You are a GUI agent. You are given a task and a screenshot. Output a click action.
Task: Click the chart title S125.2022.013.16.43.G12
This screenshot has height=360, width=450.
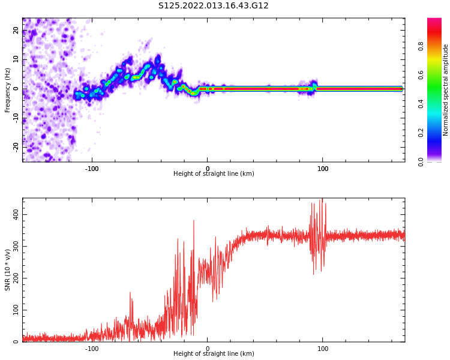click(x=214, y=6)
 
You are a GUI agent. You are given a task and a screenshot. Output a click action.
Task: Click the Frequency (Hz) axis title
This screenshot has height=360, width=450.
click(x=8, y=89)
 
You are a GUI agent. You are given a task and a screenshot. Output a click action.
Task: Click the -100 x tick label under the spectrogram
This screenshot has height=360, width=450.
click(x=91, y=169)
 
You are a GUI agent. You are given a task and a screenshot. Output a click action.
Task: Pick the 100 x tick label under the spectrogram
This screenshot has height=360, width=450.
click(x=323, y=169)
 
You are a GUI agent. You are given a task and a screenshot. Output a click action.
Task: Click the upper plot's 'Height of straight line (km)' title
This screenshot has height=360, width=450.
click(x=214, y=174)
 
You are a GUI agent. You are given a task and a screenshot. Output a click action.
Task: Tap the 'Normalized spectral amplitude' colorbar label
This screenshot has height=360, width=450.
click(x=446, y=89)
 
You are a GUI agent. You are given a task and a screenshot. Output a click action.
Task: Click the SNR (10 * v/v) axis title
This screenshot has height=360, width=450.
click(x=8, y=270)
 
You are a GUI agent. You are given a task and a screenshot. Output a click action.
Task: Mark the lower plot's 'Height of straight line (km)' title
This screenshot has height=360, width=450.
click(x=214, y=354)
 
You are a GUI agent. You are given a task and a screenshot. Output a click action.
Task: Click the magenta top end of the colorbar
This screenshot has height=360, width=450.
click(x=434, y=21)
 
